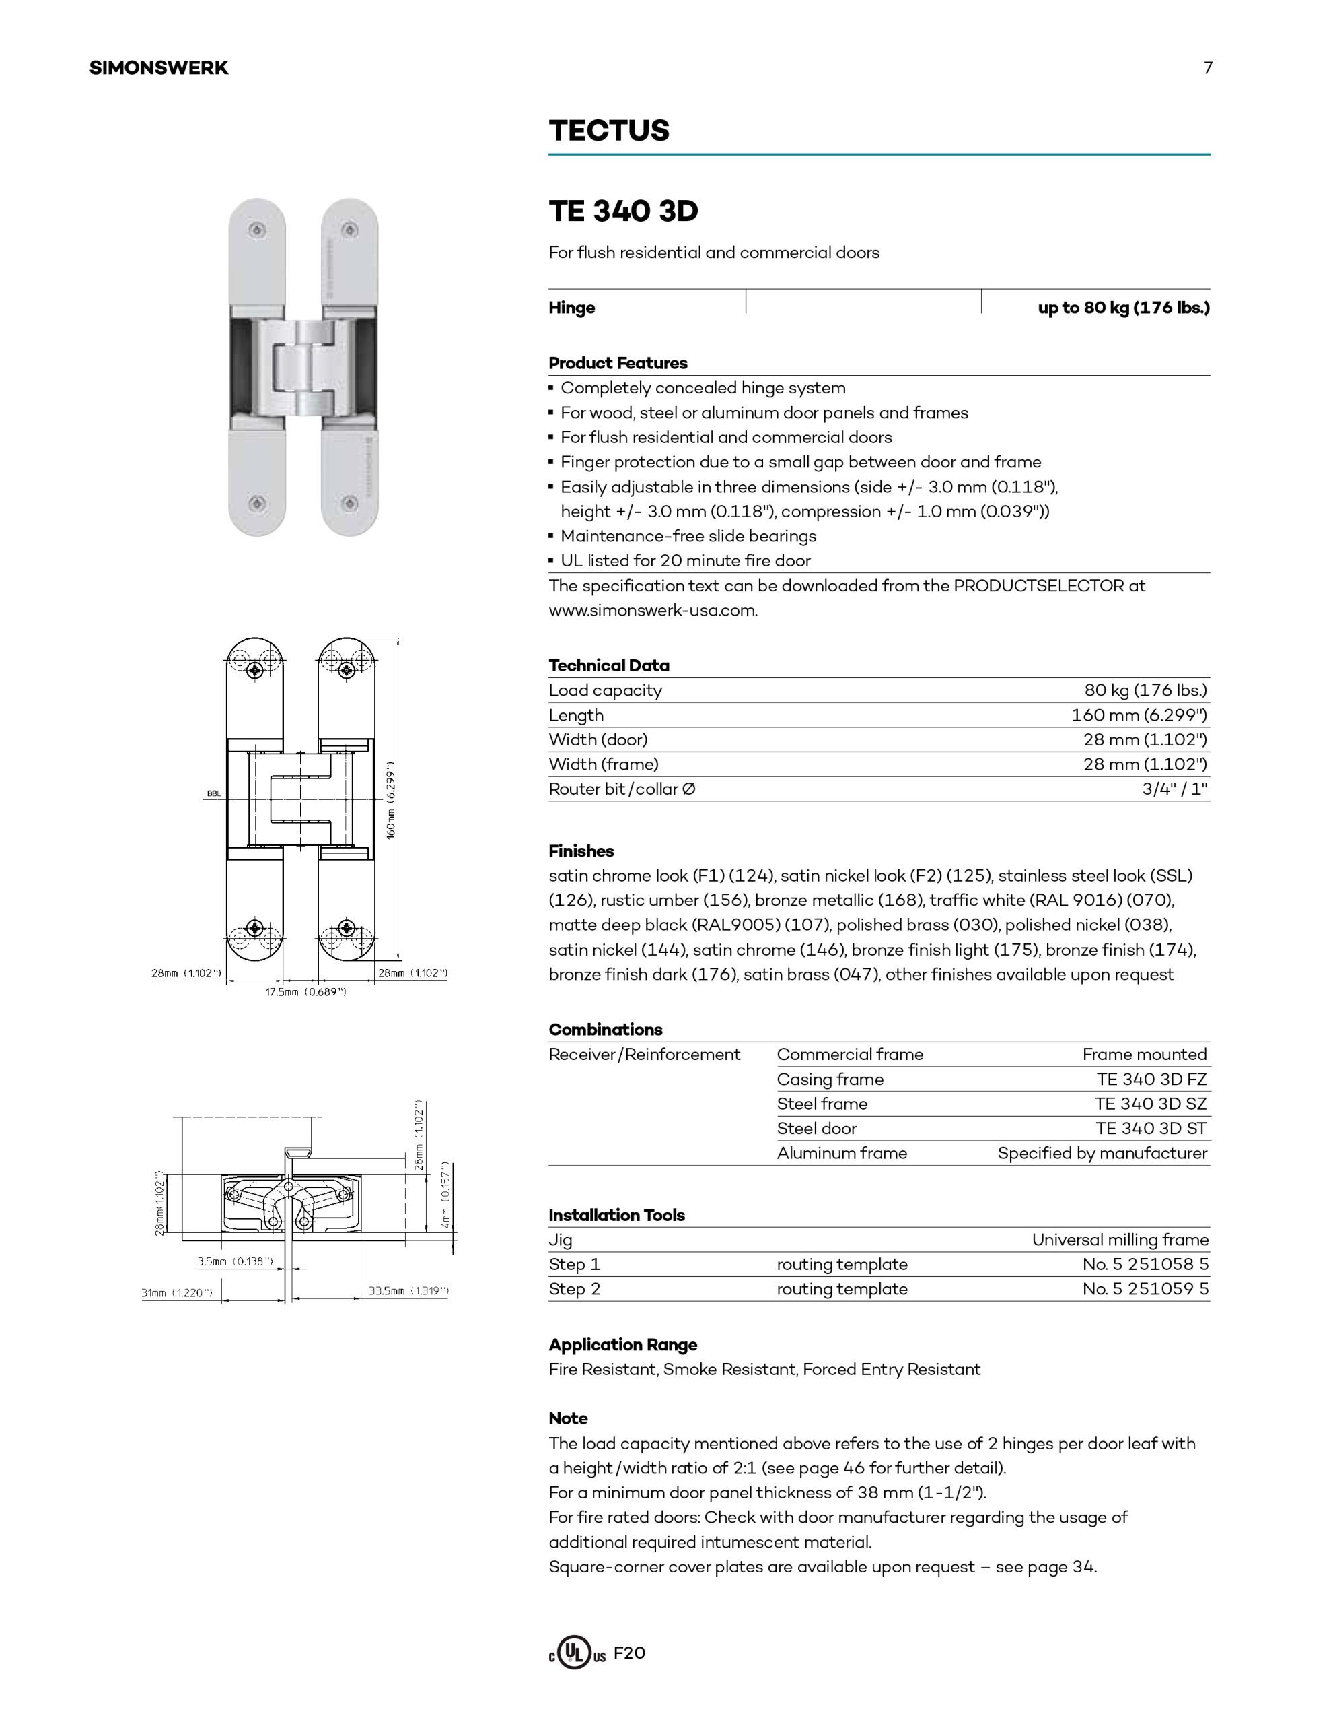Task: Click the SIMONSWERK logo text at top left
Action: pyautogui.click(x=159, y=68)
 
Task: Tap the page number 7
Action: pyautogui.click(x=1207, y=68)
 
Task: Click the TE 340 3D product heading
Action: pyautogui.click(x=623, y=211)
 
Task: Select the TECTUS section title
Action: pyautogui.click(x=609, y=130)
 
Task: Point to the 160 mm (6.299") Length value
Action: pyautogui.click(x=1139, y=715)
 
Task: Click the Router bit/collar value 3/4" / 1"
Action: pyautogui.click(x=1174, y=789)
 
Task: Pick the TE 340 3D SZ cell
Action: pyautogui.click(x=1150, y=1104)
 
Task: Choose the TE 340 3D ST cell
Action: pyautogui.click(x=1150, y=1128)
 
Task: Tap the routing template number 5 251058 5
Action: pyautogui.click(x=1145, y=1264)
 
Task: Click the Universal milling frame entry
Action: pyautogui.click(x=1120, y=1239)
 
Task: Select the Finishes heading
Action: pyautogui.click(x=581, y=851)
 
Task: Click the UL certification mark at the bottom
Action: pyautogui.click(x=576, y=1654)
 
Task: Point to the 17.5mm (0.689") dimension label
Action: pyautogui.click(x=306, y=991)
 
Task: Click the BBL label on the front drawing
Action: pyautogui.click(x=214, y=793)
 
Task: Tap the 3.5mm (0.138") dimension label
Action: pyautogui.click(x=235, y=1261)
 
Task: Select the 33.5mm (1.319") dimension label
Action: pyautogui.click(x=408, y=1290)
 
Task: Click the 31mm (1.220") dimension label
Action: pyautogui.click(x=178, y=1293)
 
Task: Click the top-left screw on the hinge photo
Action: pyautogui.click(x=257, y=230)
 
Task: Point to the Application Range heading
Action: pyautogui.click(x=622, y=1344)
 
